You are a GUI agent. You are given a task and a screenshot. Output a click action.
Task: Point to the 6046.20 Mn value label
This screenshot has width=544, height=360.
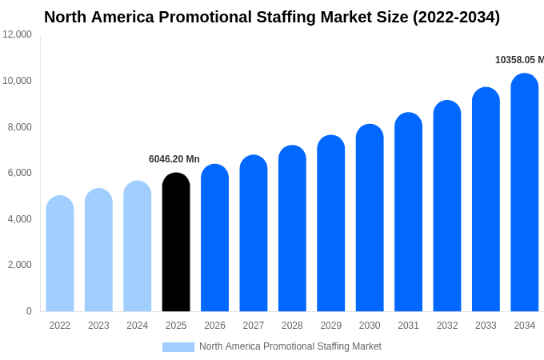point(174,159)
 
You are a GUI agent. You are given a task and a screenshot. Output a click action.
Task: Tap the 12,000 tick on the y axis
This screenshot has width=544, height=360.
point(18,34)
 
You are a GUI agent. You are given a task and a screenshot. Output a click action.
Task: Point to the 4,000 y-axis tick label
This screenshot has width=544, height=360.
point(18,219)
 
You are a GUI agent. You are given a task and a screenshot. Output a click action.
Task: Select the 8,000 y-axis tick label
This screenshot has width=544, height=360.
point(18,127)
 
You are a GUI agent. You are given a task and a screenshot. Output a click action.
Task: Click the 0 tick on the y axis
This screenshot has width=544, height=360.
point(29,311)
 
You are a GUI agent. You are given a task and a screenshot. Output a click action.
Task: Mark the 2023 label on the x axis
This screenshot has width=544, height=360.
point(98,326)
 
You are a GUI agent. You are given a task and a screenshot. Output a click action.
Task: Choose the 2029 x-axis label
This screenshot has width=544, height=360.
point(331,326)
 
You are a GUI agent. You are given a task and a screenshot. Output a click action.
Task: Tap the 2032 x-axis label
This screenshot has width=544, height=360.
point(447,326)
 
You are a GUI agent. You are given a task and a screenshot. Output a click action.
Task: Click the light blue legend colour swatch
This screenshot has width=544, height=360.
point(178,346)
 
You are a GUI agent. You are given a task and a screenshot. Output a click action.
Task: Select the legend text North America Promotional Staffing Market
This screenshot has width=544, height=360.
point(290,346)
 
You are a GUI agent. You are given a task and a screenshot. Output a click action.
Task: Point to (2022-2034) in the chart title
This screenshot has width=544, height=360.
point(456,17)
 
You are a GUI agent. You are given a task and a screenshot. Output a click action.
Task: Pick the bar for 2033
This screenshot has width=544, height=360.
point(486,199)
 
